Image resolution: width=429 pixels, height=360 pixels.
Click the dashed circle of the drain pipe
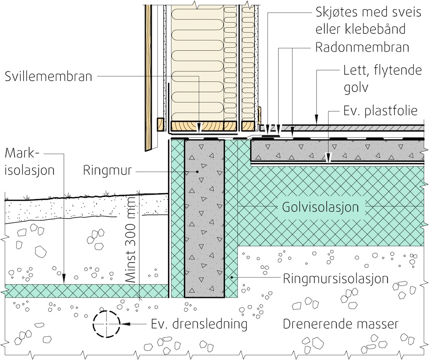[107, 324]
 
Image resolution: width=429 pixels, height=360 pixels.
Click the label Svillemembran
[49, 76]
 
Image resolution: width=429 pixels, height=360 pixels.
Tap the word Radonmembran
[362, 47]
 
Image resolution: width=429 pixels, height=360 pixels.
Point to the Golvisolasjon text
[320, 207]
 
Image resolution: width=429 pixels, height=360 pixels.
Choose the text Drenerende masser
[340, 324]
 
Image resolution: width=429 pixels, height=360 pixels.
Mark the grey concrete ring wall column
[204, 218]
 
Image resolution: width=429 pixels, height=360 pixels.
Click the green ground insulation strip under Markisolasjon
[84, 290]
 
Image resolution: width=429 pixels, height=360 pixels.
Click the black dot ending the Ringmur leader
[197, 171]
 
